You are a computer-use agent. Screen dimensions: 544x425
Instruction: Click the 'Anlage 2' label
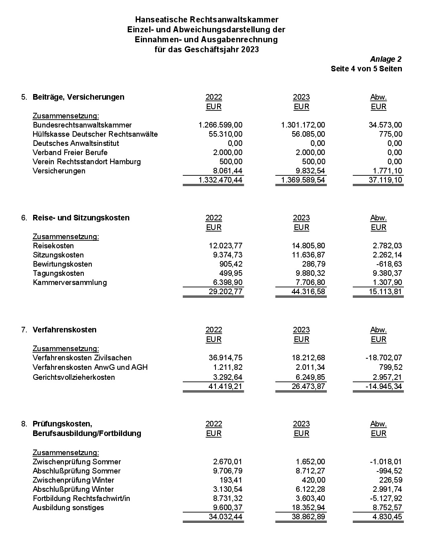pyautogui.click(x=385, y=59)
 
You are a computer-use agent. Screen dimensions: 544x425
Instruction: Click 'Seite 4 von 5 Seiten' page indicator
pyautogui.click(x=366, y=69)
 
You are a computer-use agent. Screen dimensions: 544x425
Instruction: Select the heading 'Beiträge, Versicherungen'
pyautogui.click(x=78, y=97)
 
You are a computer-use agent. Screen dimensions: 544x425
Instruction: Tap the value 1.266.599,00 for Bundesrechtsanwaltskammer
pyautogui.click(x=220, y=125)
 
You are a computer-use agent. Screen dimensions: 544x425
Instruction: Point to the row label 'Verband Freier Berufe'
pyautogui.click(x=70, y=153)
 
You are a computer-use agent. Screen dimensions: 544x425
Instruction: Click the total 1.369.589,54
pyautogui.click(x=303, y=180)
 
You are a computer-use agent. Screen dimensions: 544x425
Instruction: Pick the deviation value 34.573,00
pyautogui.click(x=385, y=125)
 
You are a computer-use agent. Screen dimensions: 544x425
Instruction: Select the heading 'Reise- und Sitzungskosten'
pyautogui.click(x=81, y=218)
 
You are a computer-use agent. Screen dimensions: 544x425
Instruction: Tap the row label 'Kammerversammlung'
pyautogui.click(x=70, y=283)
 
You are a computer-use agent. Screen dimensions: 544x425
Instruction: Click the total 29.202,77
pyautogui.click(x=225, y=292)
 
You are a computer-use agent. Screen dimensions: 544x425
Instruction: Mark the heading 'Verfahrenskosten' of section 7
pyautogui.click(x=64, y=330)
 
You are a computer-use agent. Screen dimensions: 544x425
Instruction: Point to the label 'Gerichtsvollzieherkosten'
pyautogui.click(x=74, y=377)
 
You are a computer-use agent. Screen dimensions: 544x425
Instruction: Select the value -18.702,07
pyautogui.click(x=383, y=358)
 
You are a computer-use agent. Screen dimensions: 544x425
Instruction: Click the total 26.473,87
pyautogui.click(x=308, y=387)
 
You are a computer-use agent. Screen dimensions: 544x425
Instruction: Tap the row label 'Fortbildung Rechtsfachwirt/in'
pyautogui.click(x=81, y=499)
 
